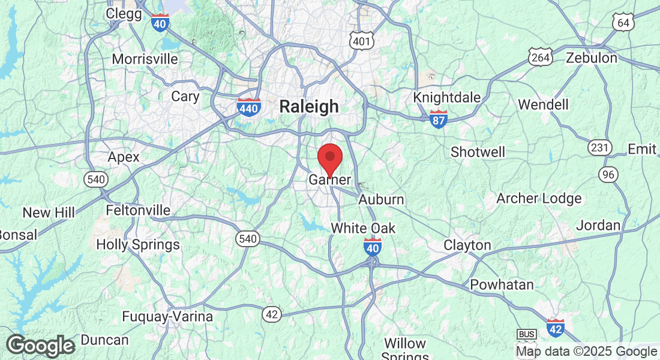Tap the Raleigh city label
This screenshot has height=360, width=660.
click(x=309, y=107)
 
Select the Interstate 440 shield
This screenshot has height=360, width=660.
click(x=248, y=108)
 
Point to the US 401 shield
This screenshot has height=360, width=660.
click(x=362, y=40)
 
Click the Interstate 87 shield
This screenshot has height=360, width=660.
click(x=439, y=119)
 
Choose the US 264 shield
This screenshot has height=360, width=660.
click(x=540, y=57)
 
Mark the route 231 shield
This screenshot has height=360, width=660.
click(x=599, y=148)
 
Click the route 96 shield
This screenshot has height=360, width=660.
click(x=608, y=174)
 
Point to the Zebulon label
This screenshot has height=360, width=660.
click(x=592, y=58)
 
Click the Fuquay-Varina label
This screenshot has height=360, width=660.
click(x=167, y=316)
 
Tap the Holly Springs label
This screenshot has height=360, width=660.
click(x=138, y=244)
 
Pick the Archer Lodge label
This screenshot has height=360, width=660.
click(x=539, y=199)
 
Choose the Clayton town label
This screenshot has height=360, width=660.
click(x=467, y=245)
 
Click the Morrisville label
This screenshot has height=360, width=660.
click(x=145, y=59)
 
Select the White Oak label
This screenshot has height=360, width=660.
click(x=364, y=228)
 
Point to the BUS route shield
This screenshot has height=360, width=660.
click(x=526, y=334)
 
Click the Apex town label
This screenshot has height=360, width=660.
click(x=124, y=157)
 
